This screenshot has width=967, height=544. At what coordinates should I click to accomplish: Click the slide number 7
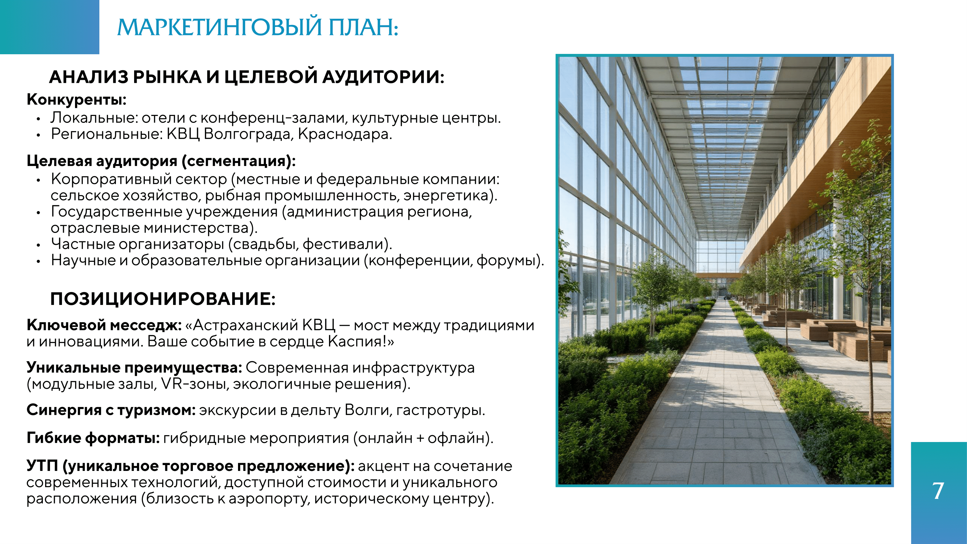point(938,491)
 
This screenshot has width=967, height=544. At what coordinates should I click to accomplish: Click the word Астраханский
point(245,325)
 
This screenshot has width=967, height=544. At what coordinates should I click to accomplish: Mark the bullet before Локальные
point(38,119)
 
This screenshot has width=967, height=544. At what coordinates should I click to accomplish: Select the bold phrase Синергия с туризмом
point(111,410)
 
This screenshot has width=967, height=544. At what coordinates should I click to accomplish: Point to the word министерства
point(196,228)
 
